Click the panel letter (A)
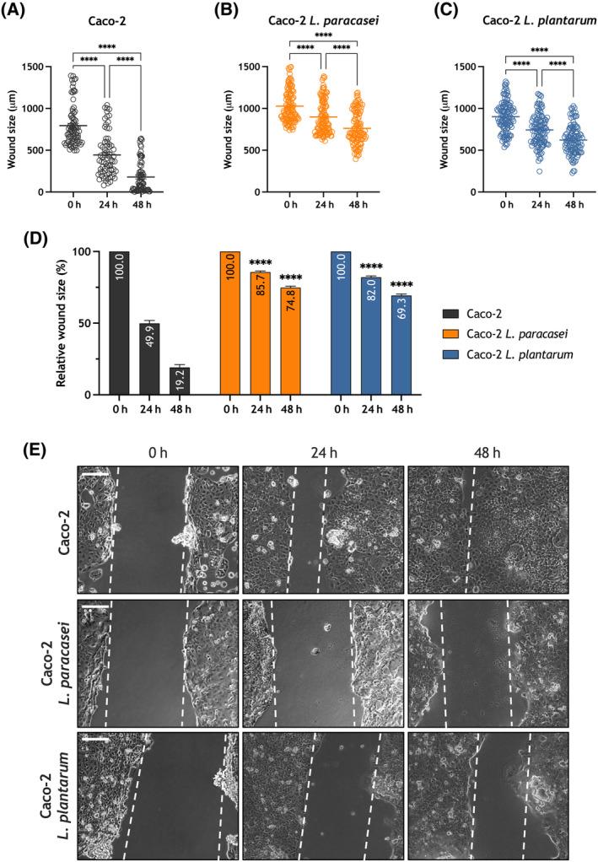[21, 12]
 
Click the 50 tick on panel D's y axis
[87, 323]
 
